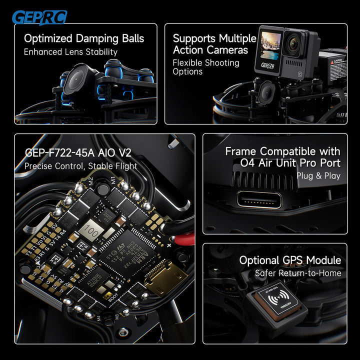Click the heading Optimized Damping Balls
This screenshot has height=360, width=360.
tap(84, 38)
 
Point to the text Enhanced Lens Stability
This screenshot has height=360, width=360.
tap(70, 51)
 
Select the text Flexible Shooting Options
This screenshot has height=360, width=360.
tap(205, 67)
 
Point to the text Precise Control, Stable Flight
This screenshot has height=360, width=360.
tap(80, 166)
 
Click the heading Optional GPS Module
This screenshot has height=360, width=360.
tap(290, 260)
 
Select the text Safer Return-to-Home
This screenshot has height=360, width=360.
tap(297, 273)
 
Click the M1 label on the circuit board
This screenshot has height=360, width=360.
tap(113, 179)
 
